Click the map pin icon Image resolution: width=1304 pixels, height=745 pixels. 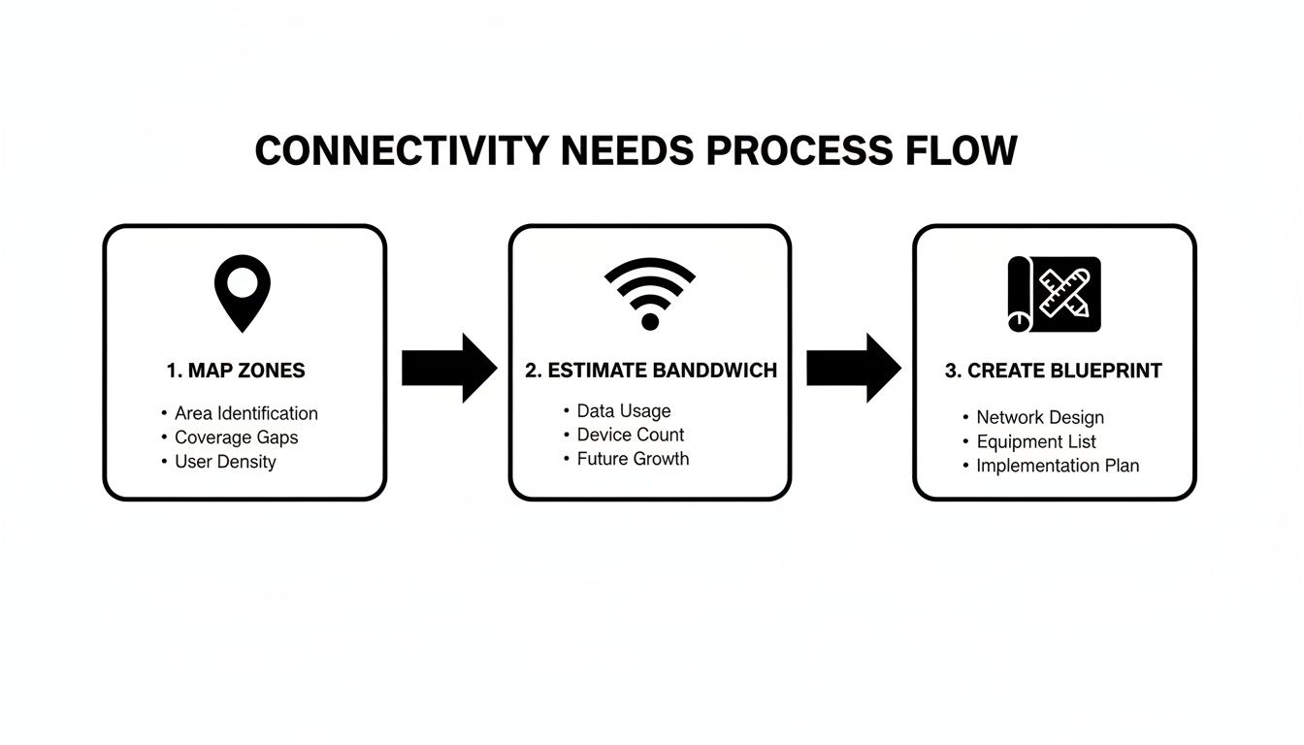tap(243, 292)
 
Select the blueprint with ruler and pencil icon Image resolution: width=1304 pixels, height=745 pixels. tap(1054, 294)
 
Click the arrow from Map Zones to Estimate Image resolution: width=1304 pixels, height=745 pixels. tap(449, 368)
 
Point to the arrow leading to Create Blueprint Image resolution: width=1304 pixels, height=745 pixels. tap(854, 368)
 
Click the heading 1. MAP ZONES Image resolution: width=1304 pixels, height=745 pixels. tap(235, 371)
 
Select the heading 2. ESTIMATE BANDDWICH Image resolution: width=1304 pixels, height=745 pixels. tap(651, 371)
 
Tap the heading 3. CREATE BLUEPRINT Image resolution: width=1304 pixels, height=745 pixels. tap(1053, 371)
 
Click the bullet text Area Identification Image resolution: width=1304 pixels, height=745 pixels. tap(245, 413)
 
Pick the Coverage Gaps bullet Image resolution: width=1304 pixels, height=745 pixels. tap(236, 437)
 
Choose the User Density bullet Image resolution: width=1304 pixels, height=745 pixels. tap(225, 462)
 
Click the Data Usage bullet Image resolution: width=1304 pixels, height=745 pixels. tap(623, 411)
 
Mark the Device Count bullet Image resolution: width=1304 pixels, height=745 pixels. tap(630, 435)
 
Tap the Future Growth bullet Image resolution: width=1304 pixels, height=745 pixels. tap(633, 459)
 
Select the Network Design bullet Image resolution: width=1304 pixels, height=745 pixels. tap(1039, 418)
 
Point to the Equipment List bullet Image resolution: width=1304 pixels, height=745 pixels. tap(1035, 442)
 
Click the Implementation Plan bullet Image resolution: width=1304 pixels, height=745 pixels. tap(1057, 466)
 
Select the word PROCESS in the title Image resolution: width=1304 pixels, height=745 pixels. tap(798, 151)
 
